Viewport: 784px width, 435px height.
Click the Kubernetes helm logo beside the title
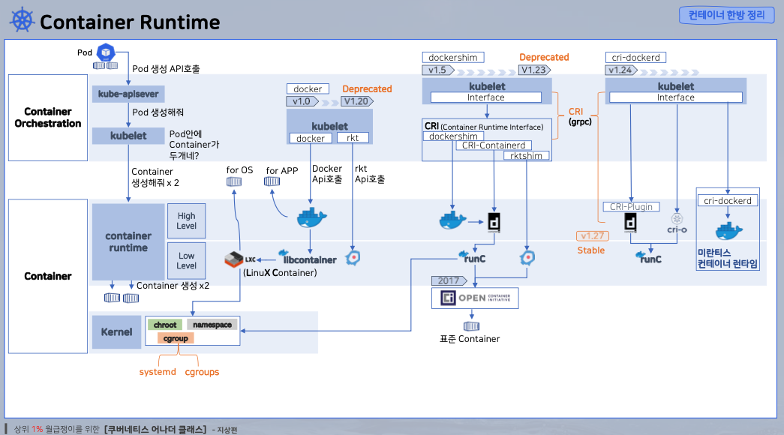(22, 20)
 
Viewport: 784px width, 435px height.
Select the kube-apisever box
(128, 94)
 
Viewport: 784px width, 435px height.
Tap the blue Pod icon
(106, 52)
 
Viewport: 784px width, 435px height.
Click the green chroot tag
(165, 325)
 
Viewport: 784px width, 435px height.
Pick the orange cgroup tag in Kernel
(176, 338)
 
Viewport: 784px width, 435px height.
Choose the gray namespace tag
(212, 325)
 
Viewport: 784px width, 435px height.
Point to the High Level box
(187, 220)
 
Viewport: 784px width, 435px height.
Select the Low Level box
(187, 260)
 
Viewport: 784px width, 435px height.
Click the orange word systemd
(158, 372)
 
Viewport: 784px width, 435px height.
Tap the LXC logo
(240, 259)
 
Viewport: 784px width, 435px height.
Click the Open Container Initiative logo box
(475, 298)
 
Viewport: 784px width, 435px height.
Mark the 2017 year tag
(449, 280)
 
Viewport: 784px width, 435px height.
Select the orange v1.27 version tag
(593, 236)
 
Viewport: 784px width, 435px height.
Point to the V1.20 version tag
(357, 101)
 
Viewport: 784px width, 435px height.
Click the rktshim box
(526, 155)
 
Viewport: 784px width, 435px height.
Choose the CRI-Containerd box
(494, 145)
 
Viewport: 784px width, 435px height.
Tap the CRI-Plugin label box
(631, 206)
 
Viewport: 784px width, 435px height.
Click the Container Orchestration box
(48, 118)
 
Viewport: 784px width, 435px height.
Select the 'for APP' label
(282, 170)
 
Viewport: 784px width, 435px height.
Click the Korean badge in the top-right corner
(726, 15)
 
